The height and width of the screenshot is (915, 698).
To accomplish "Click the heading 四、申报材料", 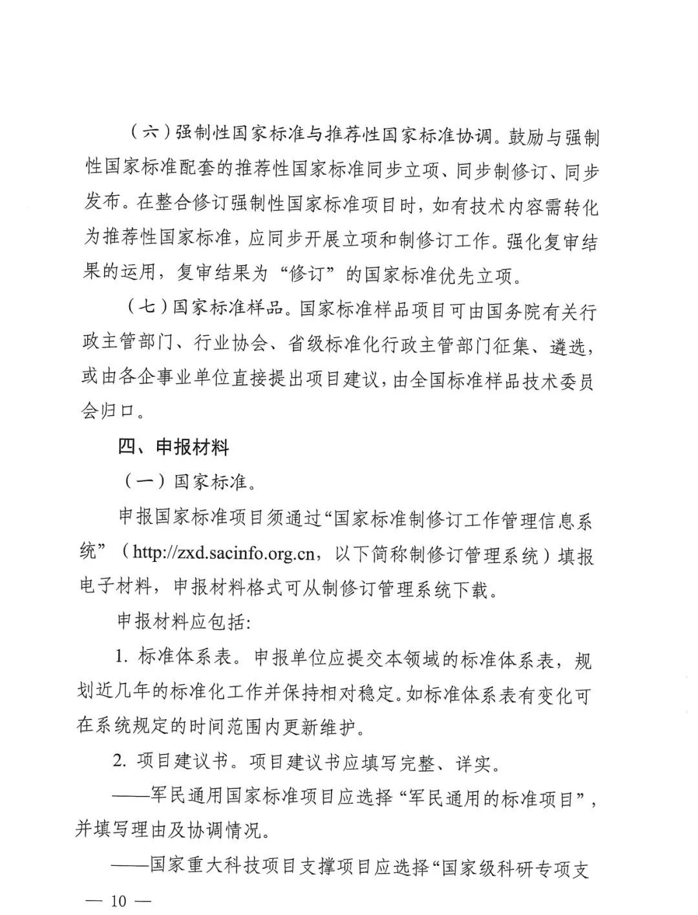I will point(173,446).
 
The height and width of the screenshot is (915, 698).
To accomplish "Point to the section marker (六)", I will point(147,135).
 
